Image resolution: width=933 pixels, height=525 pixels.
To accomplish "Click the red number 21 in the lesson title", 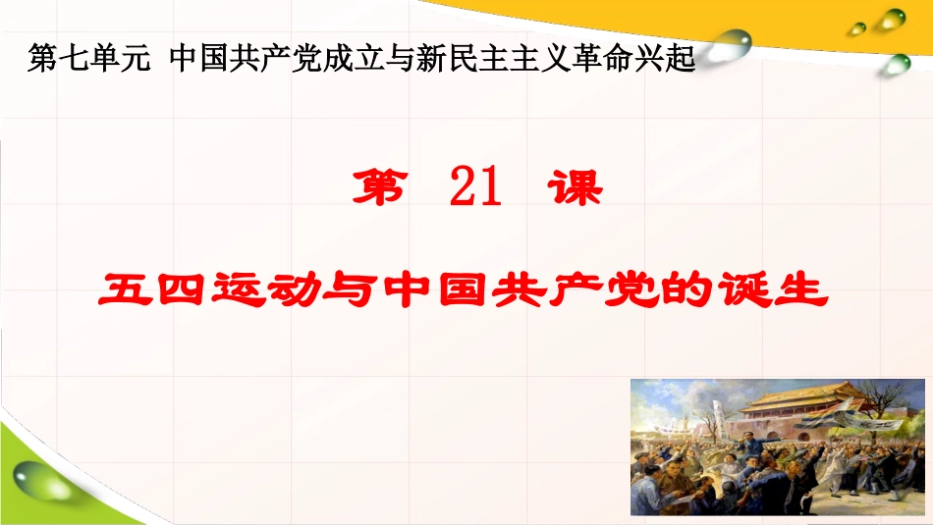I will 476,188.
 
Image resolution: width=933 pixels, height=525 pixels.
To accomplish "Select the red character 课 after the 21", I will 575,188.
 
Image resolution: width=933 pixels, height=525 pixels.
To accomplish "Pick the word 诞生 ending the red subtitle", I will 777,291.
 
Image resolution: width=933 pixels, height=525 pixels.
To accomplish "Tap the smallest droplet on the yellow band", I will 857,28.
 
